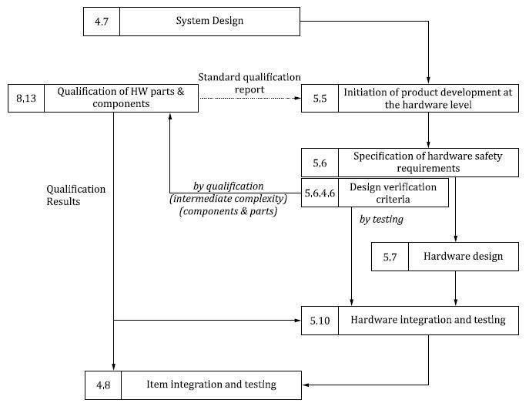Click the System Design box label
[x=209, y=21]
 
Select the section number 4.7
[x=101, y=22]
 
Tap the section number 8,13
[x=26, y=98]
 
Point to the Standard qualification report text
[x=249, y=82]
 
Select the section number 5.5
[x=320, y=98]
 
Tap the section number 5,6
[x=320, y=163]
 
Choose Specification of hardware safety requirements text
[x=427, y=162]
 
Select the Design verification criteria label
[x=392, y=193]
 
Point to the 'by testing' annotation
[x=381, y=220]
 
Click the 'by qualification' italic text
[x=227, y=187]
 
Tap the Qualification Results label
[x=76, y=195]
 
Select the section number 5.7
[x=390, y=257]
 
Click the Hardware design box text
[x=463, y=257]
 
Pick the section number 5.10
[x=320, y=320]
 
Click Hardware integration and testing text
[x=427, y=320]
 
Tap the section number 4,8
[x=102, y=384]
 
